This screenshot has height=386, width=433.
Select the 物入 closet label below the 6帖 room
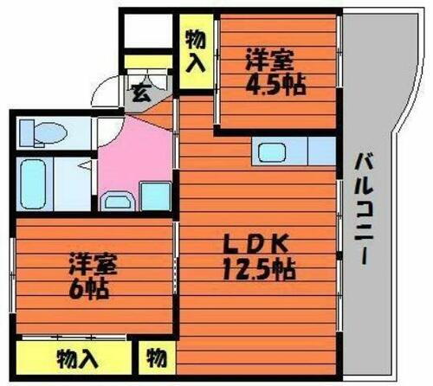(77, 357)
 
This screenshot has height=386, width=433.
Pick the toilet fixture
(43, 132)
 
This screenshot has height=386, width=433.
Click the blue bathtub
(36, 183)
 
